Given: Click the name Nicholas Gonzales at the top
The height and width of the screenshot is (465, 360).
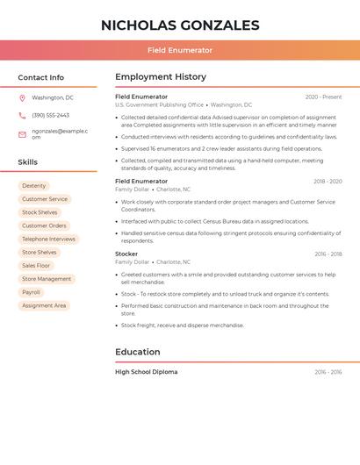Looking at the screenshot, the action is pyautogui.click(x=180, y=25).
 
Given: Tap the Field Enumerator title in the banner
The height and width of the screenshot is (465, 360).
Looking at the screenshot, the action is pyautogui.click(x=180, y=50).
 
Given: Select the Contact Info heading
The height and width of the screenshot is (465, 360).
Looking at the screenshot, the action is pyautogui.click(x=40, y=77).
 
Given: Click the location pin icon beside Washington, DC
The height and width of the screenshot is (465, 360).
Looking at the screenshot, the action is pyautogui.click(x=22, y=98).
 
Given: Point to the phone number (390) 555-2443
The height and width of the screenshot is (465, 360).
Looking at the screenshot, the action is pyautogui.click(x=50, y=115).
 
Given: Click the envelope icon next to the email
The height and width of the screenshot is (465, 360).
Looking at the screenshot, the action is pyautogui.click(x=22, y=134).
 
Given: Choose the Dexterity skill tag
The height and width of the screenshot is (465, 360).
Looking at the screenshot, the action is pyautogui.click(x=34, y=186).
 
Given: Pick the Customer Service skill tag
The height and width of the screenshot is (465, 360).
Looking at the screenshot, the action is pyautogui.click(x=44, y=199).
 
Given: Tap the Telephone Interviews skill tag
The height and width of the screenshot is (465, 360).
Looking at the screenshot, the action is pyautogui.click(x=48, y=239).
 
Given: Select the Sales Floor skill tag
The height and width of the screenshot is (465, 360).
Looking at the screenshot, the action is pyautogui.click(x=36, y=265).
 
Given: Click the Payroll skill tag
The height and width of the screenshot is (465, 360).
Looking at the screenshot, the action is pyautogui.click(x=31, y=292).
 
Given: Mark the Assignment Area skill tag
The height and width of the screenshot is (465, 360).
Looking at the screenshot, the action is pyautogui.click(x=44, y=305).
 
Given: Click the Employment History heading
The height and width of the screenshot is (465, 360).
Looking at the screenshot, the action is pyautogui.click(x=161, y=77).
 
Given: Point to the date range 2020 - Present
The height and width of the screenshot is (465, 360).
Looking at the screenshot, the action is pyautogui.click(x=323, y=97).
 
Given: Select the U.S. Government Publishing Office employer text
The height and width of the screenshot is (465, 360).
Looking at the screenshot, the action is pyautogui.click(x=159, y=104).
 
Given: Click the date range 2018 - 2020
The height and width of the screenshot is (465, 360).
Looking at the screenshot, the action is pyautogui.click(x=328, y=182).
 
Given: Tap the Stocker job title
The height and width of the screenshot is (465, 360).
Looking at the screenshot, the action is pyautogui.click(x=126, y=254).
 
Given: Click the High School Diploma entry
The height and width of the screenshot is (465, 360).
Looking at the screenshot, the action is pyautogui.click(x=147, y=372).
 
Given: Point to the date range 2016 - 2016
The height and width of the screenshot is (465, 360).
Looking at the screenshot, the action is pyautogui.click(x=328, y=372).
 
